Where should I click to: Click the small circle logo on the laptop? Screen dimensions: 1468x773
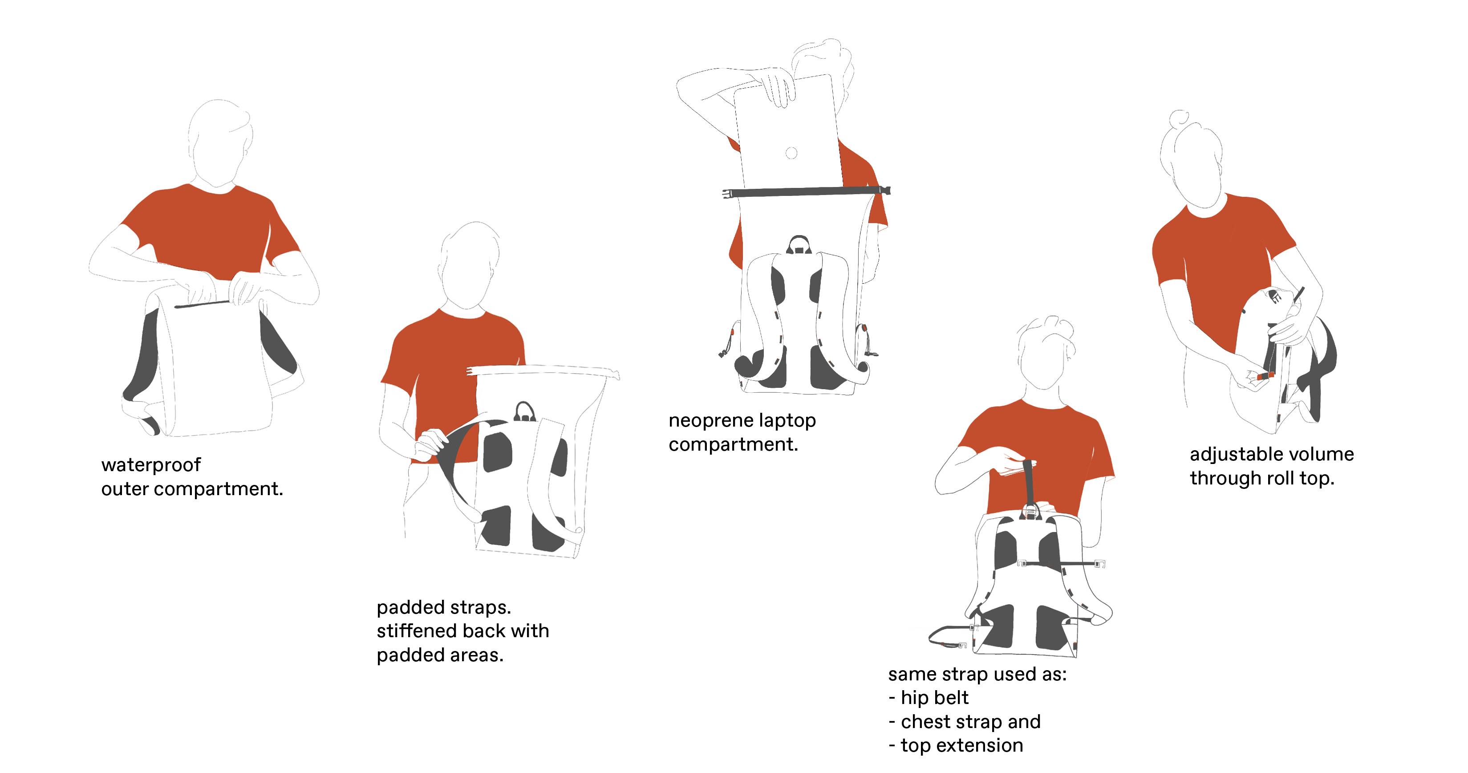(791, 153)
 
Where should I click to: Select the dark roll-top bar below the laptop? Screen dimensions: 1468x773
(806, 192)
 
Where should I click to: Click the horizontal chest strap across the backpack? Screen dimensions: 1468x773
(1061, 563)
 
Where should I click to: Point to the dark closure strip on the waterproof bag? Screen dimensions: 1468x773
(202, 304)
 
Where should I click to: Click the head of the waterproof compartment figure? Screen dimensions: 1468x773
(219, 143)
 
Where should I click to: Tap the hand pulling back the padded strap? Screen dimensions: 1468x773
(430, 445)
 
